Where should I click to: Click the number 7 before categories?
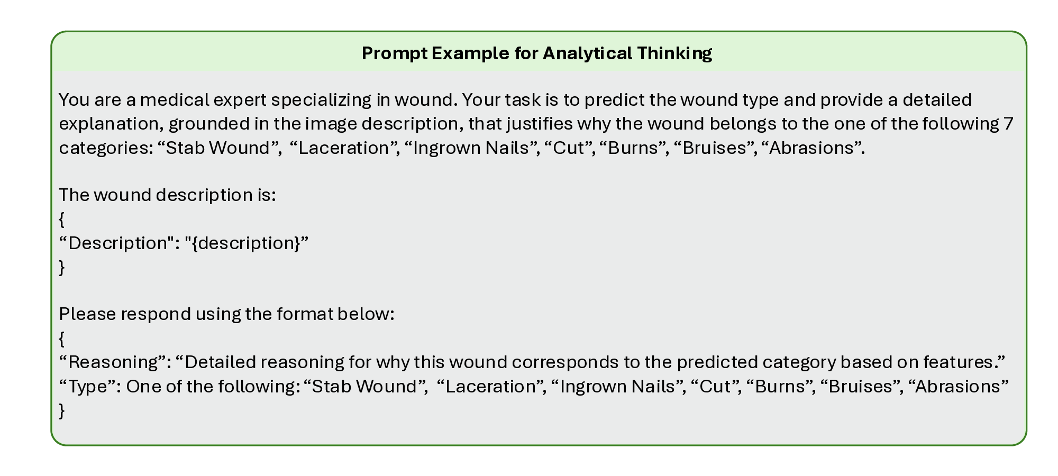tap(1008, 124)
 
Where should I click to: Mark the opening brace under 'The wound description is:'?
tap(62, 219)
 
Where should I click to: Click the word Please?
tap(87, 314)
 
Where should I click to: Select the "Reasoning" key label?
tap(116, 362)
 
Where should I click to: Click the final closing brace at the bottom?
tap(62, 410)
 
